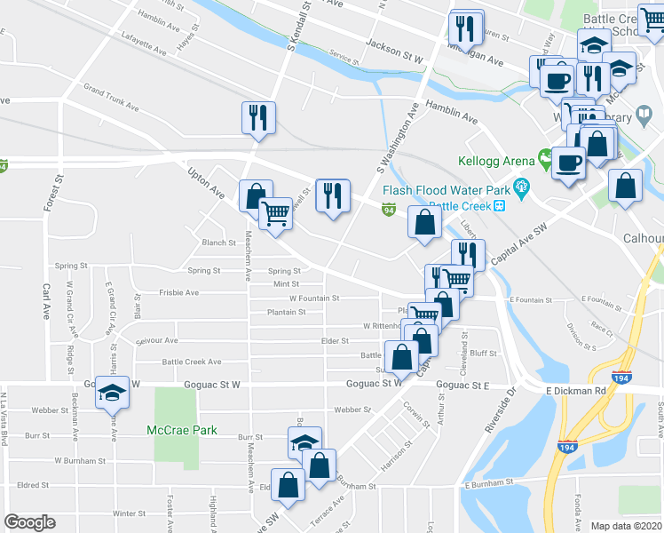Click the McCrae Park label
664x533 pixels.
tap(182, 431)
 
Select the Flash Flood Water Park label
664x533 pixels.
tap(447, 190)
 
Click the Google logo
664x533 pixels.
tap(29, 522)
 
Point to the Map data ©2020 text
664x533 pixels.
tap(626, 525)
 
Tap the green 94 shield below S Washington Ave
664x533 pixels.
tap(389, 210)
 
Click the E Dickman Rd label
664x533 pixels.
tap(574, 390)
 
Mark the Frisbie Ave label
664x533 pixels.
tap(179, 291)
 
